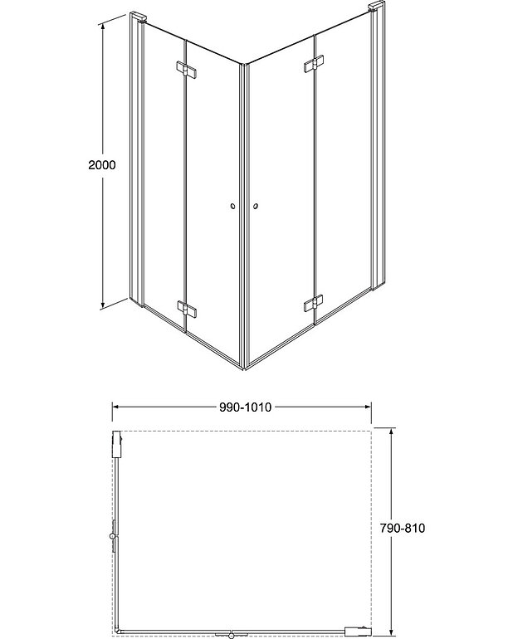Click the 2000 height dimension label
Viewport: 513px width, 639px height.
(101, 164)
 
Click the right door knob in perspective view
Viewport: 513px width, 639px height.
(256, 206)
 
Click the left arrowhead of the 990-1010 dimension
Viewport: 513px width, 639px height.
(116, 407)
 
